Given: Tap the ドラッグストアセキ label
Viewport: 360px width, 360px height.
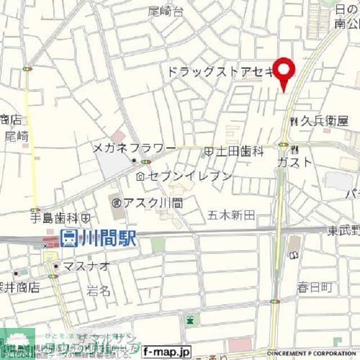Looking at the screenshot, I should pyautogui.click(x=220, y=72).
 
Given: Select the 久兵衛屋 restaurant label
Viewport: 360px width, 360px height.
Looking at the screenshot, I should pyautogui.click(x=324, y=120).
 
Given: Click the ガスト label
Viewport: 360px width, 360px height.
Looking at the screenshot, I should pyautogui.click(x=294, y=162).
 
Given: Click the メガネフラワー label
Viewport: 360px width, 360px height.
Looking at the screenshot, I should pyautogui.click(x=134, y=148).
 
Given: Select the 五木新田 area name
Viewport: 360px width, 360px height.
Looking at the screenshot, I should pyautogui.click(x=232, y=214).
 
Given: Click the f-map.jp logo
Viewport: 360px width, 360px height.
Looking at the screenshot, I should pyautogui.click(x=166, y=352).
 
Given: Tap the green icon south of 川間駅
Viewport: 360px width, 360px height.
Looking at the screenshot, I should pyautogui.click(x=191, y=320).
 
